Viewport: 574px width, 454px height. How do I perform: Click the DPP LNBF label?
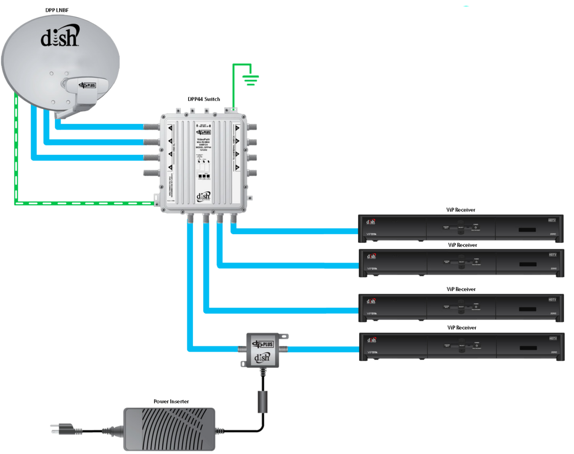tap(57, 10)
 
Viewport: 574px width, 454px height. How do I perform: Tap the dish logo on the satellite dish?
tap(60, 37)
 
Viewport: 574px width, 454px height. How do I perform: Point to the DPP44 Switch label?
tap(204, 99)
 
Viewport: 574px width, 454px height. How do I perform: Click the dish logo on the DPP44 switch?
tap(203, 196)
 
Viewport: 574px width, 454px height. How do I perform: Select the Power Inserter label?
tap(171, 401)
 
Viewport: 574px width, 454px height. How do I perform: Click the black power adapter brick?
tap(169, 429)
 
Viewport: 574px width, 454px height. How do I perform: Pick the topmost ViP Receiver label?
tap(461, 210)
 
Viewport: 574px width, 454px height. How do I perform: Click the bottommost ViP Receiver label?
tap(462, 327)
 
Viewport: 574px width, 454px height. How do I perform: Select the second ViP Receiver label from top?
tap(462, 245)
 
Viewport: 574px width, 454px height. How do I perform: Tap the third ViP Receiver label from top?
tap(461, 289)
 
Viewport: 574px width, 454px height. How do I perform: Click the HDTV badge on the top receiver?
tap(552, 220)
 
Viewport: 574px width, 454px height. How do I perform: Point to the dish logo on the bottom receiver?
tap(371, 340)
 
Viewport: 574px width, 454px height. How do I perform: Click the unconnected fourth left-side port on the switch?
tap(151, 173)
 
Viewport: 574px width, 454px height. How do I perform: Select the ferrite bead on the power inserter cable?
tap(263, 401)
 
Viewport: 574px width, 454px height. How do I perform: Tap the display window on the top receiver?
tap(527, 230)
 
